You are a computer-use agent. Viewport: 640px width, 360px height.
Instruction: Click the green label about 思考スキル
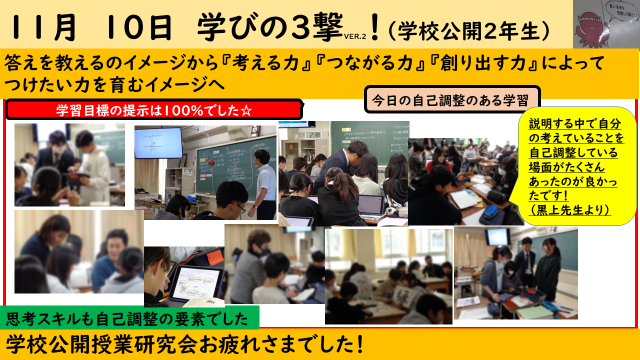131,317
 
